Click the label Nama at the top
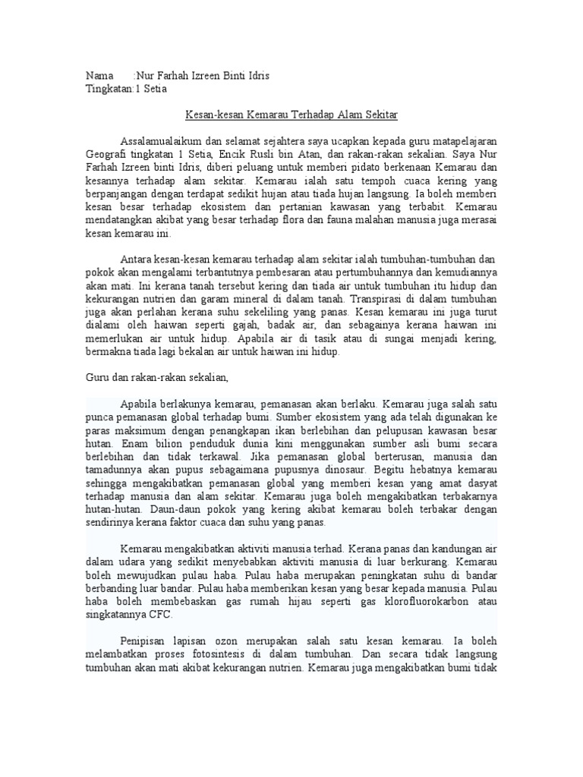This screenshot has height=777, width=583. coord(98,77)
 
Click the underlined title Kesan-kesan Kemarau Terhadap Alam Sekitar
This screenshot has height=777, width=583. coord(291,115)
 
